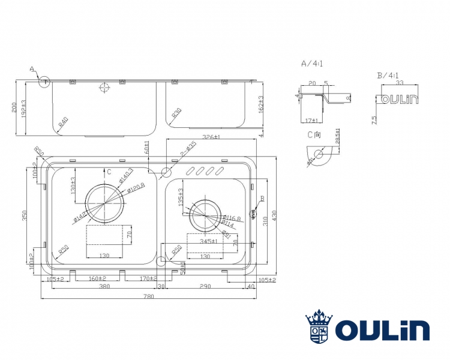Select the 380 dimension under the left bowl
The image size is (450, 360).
click(x=103, y=287)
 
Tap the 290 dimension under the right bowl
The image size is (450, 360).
click(x=206, y=287)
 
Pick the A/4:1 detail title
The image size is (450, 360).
click(x=312, y=63)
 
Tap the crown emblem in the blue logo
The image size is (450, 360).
click(x=319, y=316)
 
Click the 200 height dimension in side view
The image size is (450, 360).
click(x=16, y=107)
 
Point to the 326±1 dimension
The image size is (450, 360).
click(x=210, y=137)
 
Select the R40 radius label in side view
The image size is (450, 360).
click(x=63, y=122)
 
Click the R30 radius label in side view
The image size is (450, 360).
click(x=176, y=114)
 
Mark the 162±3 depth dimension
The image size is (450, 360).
click(x=260, y=106)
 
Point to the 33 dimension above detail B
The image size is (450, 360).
click(x=398, y=83)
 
